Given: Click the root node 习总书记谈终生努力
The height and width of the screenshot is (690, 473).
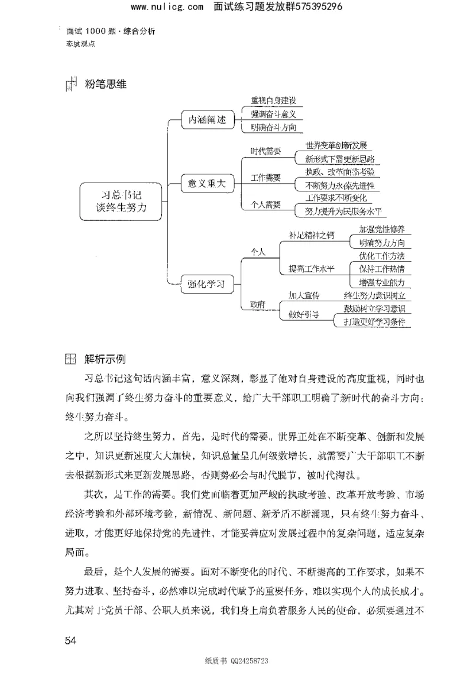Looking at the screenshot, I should click(121, 201).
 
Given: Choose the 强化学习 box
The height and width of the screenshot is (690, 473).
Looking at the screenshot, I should click(203, 284).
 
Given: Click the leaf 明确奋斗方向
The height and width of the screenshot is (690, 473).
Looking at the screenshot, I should click(273, 127).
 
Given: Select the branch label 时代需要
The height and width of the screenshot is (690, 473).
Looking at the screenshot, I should click(266, 150).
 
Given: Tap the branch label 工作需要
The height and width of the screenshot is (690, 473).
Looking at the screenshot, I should click(266, 177).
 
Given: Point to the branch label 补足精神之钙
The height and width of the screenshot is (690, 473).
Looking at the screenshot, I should click(311, 235).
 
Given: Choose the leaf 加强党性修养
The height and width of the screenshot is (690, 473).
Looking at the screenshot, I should click(382, 229).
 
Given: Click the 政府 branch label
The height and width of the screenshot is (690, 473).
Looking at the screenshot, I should click(258, 304).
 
